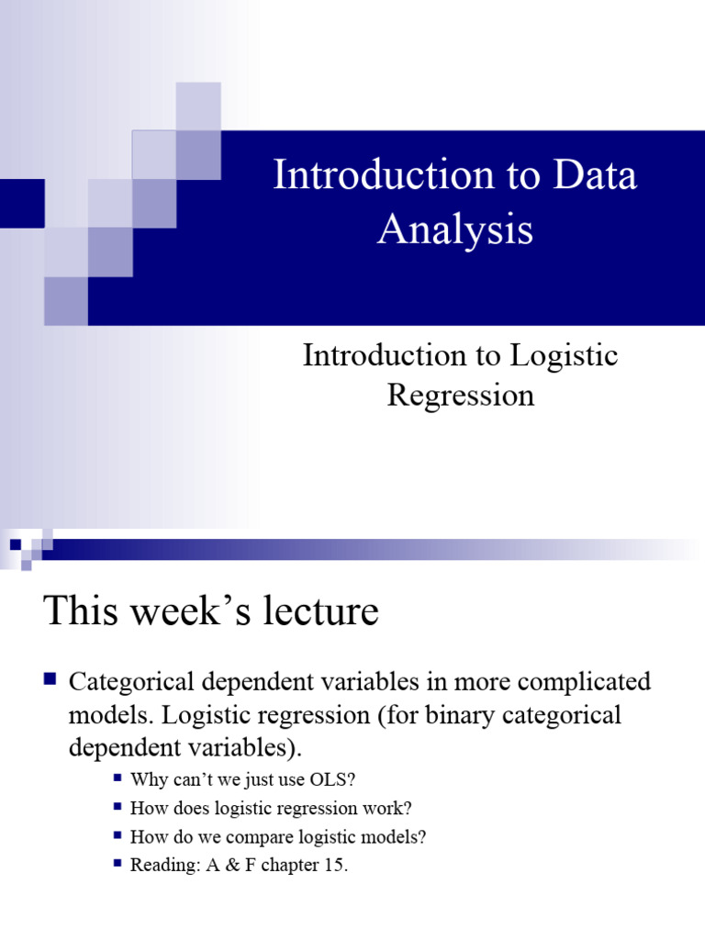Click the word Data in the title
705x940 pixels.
pos(594,174)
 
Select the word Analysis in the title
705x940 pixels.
pos(455,229)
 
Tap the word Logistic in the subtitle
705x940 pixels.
pos(564,356)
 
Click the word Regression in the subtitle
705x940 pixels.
pos(461,396)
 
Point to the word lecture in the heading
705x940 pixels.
pos(320,610)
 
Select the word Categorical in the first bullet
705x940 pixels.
pos(131,682)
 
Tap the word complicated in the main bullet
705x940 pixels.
pos(584,683)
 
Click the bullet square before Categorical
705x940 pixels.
pos(50,679)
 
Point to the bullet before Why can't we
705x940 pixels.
pos(117,778)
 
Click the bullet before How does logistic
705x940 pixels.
pos(117,807)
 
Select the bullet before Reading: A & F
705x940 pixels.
pos(117,864)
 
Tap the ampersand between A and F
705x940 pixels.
pos(232,865)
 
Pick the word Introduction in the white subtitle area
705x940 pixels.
pos(385,356)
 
